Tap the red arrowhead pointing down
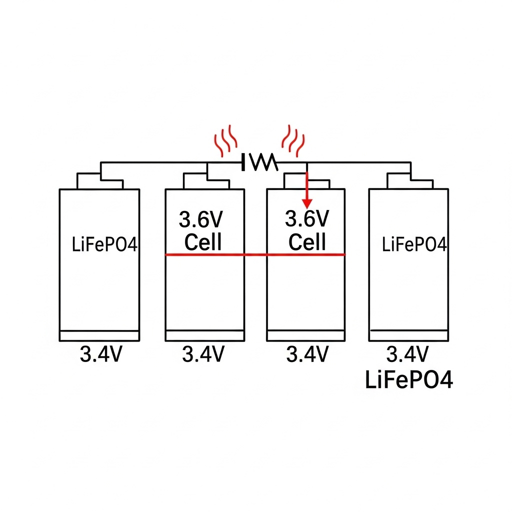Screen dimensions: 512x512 307,203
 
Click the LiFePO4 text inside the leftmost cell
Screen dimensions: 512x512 104,245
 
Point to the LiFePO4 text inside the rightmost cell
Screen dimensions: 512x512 414,245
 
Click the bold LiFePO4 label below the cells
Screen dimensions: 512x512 409,381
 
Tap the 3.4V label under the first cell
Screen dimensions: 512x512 100,354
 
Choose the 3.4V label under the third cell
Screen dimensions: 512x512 307,354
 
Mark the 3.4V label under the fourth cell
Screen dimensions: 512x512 407,354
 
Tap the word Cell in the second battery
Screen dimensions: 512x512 202,242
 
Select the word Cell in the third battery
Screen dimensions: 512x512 307,242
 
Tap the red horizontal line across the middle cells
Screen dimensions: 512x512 255,254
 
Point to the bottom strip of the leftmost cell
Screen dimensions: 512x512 99,336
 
